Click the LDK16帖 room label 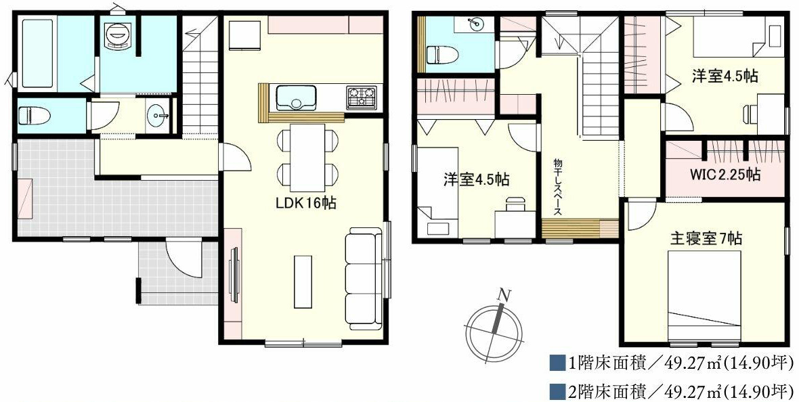(306, 203)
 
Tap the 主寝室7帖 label (706, 238)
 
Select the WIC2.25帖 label (726, 175)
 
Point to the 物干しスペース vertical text (557, 187)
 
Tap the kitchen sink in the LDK (296, 97)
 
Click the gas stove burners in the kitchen (362, 98)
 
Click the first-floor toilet (34, 116)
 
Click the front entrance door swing (184, 259)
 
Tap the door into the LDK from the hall (234, 157)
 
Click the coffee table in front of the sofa (303, 282)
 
